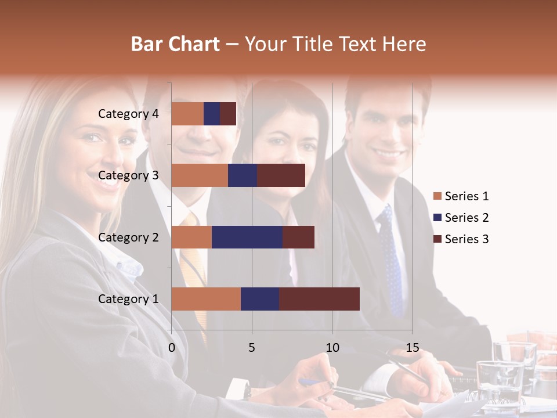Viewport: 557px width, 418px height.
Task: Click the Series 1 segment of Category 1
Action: (206, 299)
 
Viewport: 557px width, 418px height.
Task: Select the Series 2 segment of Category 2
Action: (247, 237)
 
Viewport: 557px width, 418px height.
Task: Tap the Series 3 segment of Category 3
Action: (281, 175)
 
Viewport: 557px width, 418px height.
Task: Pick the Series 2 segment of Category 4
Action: (212, 114)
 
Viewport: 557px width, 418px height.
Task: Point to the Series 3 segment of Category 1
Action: (319, 299)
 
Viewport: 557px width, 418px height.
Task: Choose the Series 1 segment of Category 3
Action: (200, 175)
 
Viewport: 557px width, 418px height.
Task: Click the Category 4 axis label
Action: (128, 114)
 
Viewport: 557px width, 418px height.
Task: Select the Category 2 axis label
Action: (128, 237)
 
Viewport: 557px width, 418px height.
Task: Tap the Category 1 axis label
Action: (128, 299)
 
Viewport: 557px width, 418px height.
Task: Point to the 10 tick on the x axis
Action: (332, 348)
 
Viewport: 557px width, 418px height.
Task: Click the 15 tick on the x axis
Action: (413, 348)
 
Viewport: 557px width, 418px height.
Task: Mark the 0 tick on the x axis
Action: (172, 348)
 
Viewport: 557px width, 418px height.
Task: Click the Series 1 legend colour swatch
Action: (437, 196)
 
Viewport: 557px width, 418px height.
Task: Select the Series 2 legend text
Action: (466, 218)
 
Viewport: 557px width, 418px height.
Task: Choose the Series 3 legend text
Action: (466, 239)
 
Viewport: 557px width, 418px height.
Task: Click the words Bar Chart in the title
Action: (175, 44)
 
